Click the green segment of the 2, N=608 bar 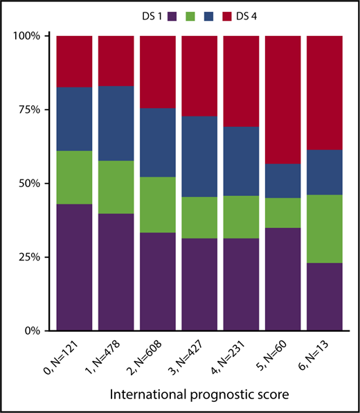[x=157, y=204]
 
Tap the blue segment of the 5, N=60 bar [x=282, y=181]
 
